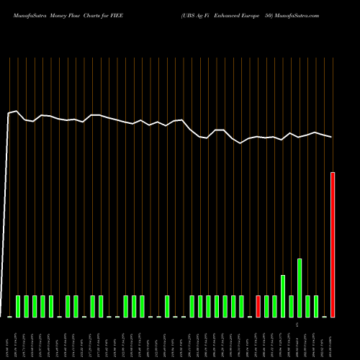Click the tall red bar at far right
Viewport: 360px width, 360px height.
tap(333, 245)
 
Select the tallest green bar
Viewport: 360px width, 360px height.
tap(300, 287)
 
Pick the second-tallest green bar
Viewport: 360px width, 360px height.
tap(283, 296)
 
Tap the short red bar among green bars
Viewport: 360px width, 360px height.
tap(258, 306)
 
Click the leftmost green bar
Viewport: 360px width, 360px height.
tap(18, 306)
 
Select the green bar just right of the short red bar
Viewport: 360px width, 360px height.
tap(266, 306)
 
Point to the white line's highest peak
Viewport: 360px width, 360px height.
tap(17, 111)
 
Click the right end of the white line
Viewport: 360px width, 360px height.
tap(332, 137)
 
